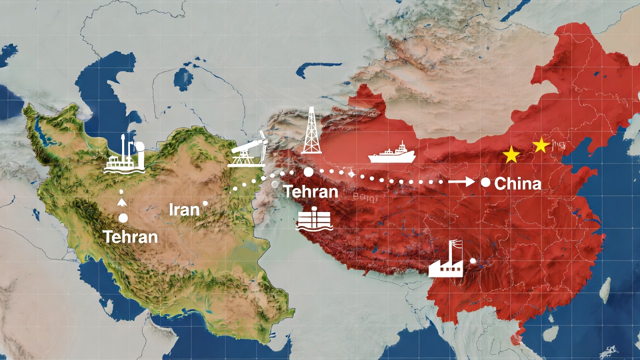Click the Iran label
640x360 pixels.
184,209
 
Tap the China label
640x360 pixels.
517,184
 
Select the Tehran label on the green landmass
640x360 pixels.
130,236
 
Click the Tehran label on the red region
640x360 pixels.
310,191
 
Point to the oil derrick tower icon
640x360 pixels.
311,131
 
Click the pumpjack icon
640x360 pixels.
247,150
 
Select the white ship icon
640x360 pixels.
392,154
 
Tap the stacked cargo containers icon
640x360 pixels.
314,219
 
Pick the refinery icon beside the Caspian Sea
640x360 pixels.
124,156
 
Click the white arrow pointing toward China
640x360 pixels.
461,182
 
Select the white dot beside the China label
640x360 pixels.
485,182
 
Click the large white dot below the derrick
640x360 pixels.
308,172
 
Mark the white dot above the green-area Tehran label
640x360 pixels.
123,218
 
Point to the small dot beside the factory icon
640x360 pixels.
473,260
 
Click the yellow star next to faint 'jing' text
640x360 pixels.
541,145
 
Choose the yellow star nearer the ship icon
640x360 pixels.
511,155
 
